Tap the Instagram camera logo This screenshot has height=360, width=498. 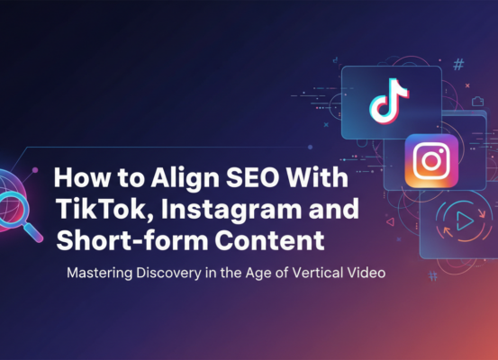click(431, 162)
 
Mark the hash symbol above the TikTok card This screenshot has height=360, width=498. click(458, 65)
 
